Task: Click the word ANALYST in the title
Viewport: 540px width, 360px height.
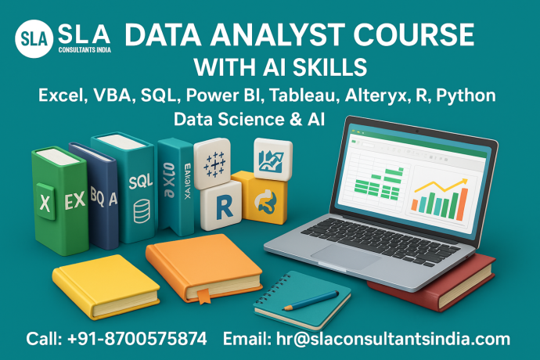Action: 261,36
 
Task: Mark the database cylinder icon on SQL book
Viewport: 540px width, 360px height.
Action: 142,210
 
